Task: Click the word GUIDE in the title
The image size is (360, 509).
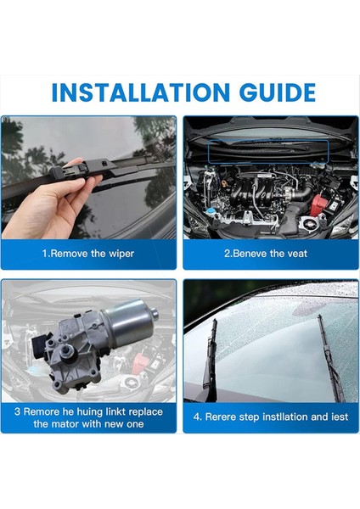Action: coord(277,92)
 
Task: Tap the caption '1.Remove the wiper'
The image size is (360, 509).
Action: coord(88,253)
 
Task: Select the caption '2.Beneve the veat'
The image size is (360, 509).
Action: coord(266,253)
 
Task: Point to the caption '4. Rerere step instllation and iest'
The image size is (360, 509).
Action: coord(271,417)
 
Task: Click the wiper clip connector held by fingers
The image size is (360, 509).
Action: coord(70,170)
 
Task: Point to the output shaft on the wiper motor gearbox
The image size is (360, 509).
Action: coord(70,351)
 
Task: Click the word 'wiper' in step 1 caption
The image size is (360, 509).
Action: coord(121,254)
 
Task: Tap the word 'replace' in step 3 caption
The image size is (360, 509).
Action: coord(145,412)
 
